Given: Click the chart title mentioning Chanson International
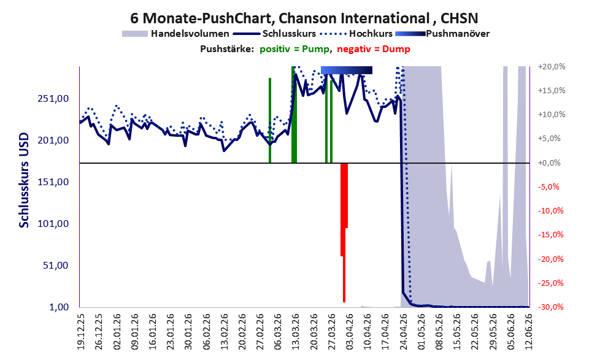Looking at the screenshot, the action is [x=304, y=18].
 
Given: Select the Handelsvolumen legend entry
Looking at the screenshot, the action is [x=175, y=34].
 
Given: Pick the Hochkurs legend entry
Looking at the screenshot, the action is [x=356, y=34].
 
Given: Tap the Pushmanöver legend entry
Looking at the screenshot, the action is [x=442, y=34].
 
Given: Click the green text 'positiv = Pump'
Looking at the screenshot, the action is [x=295, y=49].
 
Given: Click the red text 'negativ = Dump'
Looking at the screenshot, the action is [x=374, y=49].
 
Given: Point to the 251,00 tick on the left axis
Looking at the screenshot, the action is [x=53, y=98].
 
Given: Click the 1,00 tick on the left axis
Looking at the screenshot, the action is [x=59, y=307].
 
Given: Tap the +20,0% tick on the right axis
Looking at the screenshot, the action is [x=552, y=67].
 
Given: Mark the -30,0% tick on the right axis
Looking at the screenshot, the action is [x=550, y=307].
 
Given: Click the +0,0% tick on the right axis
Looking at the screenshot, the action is [x=549, y=163].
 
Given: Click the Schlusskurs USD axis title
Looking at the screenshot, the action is [x=24, y=180].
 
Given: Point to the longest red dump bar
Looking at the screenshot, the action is [x=344, y=232].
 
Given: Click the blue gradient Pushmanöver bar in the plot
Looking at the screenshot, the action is [x=347, y=70].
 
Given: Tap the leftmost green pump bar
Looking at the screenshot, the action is [x=270, y=121].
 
